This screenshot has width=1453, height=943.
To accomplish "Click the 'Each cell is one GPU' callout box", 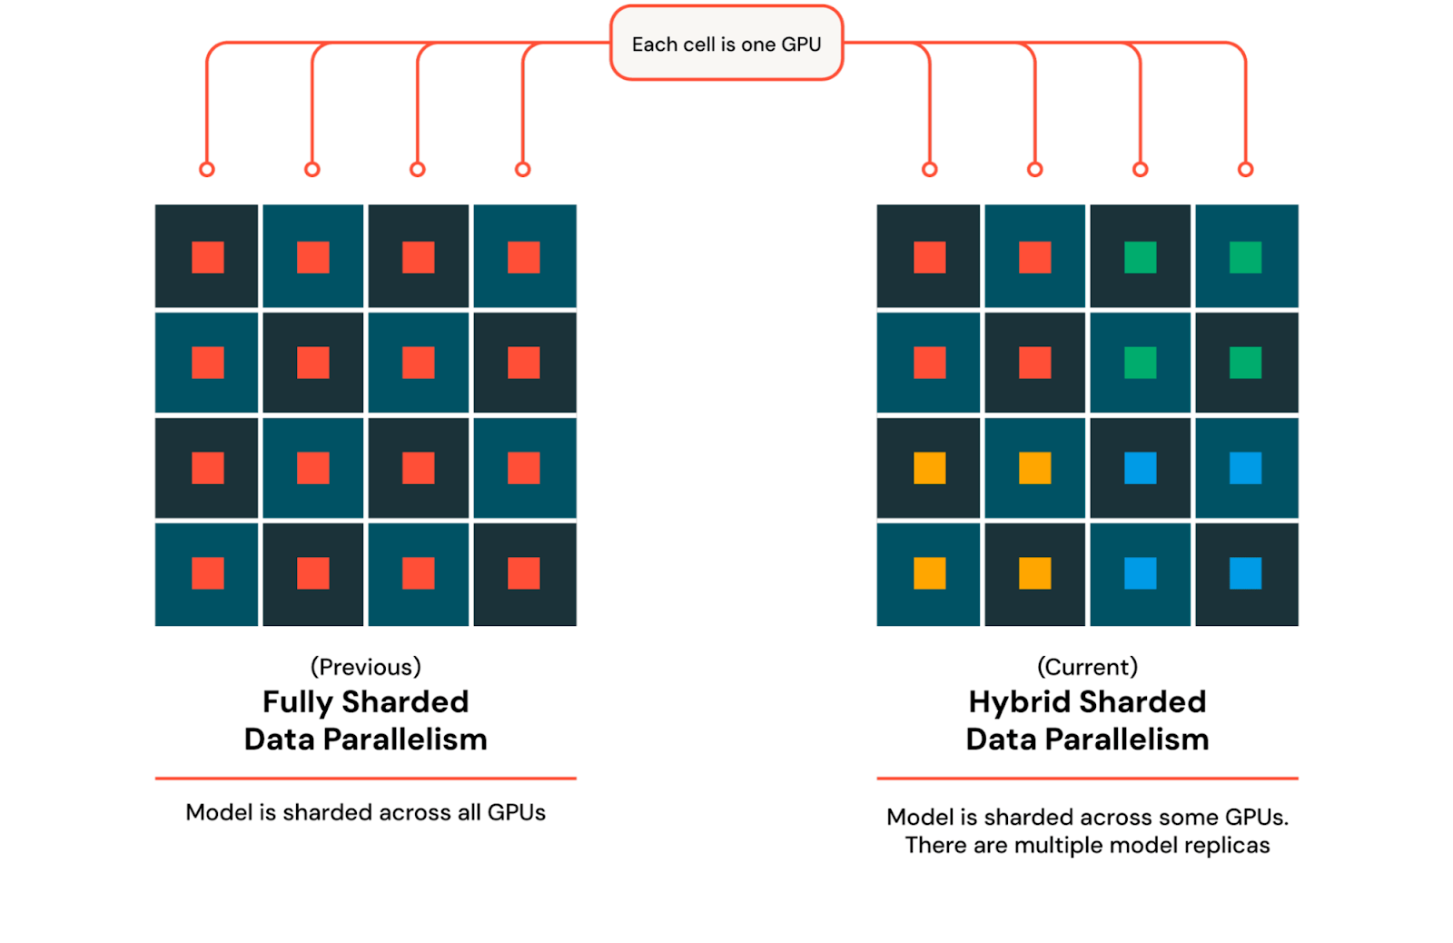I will (726, 44).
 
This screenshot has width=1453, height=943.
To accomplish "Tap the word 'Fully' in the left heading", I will (298, 702).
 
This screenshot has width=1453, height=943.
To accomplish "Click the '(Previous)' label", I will (366, 667).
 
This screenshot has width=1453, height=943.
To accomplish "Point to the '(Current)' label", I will (1087, 667).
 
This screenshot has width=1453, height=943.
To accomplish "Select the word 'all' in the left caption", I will (470, 812).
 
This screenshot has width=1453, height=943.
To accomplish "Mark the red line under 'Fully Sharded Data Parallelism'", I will (366, 779).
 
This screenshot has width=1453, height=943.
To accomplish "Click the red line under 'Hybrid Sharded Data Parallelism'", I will (1087, 779).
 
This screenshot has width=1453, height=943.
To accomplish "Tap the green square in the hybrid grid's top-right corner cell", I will (1245, 257).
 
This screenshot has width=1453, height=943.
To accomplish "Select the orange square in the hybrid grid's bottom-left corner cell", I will (929, 573).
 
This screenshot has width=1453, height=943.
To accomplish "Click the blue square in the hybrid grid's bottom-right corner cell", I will (1245, 573).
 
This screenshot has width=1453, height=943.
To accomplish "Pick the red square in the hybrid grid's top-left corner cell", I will (929, 257).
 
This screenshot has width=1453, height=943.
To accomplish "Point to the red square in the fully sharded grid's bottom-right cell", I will (523, 573).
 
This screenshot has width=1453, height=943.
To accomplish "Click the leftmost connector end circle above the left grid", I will (207, 169).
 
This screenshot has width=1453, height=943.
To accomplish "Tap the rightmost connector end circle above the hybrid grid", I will (1245, 169).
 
